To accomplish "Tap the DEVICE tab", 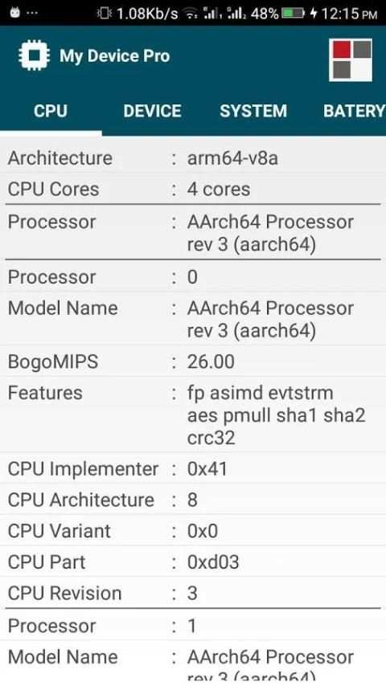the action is coord(152,111).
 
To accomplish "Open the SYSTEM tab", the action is coord(253,111).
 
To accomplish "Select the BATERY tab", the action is coord(354,111).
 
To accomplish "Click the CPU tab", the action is coord(51,111).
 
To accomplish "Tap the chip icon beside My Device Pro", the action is coord(34,55).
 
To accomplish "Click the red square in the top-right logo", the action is coord(342,50).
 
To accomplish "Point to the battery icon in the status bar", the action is coord(293,14).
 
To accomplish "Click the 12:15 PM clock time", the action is coord(349,14).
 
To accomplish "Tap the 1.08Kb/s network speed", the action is coord(147,14).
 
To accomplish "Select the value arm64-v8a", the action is coord(232,158).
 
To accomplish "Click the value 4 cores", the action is coord(219,190).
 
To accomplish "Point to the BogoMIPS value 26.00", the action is coord(211,361).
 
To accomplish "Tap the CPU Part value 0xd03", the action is coord(213,562).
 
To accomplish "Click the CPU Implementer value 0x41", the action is coord(207,469).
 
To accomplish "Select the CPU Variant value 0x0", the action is coord(203,531).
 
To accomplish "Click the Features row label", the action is coord(45,393).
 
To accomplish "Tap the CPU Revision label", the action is coord(65,594).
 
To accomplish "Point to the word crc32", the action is coord(211,438).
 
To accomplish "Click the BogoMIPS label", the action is coord(53,362).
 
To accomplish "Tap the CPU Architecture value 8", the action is coord(192,500).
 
